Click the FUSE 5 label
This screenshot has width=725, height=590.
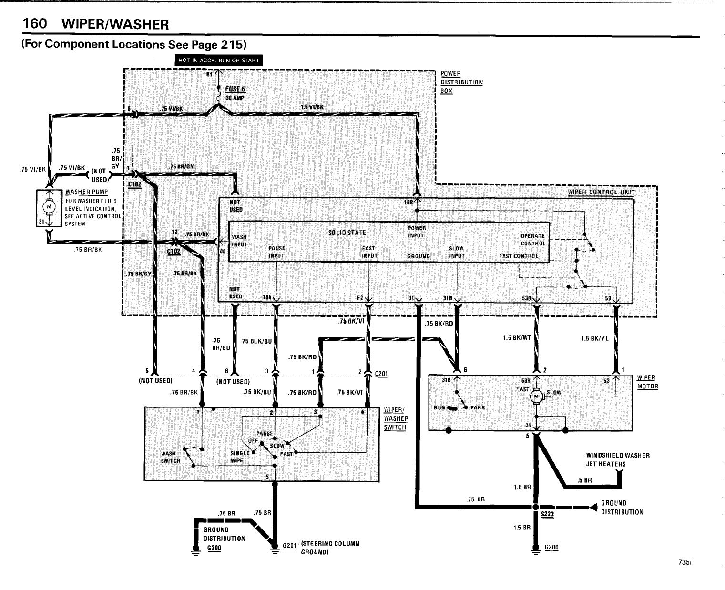pyautogui.click(x=235, y=89)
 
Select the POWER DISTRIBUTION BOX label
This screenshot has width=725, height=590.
pyautogui.click(x=461, y=82)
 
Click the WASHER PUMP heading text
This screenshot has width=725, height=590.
pyautogui.click(x=86, y=192)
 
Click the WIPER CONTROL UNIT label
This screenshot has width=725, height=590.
pyautogui.click(x=601, y=193)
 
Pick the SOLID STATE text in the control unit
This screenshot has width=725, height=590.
pyautogui.click(x=347, y=233)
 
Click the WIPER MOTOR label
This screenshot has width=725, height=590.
pyautogui.click(x=647, y=382)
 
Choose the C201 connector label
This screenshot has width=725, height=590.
pyautogui.click(x=381, y=374)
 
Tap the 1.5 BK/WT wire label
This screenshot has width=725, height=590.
pyautogui.click(x=517, y=338)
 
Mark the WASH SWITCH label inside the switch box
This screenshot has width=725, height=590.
pyautogui.click(x=169, y=457)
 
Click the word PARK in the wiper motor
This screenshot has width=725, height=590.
pyautogui.click(x=478, y=407)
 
